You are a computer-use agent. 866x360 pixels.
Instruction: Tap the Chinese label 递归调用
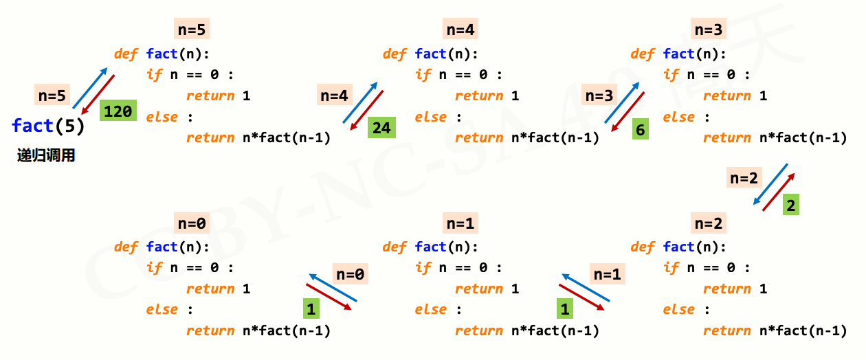coord(46,156)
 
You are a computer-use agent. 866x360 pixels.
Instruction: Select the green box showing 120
coord(118,111)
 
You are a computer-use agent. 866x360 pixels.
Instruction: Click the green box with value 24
coord(381,128)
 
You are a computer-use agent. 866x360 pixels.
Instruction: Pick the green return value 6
coord(640,128)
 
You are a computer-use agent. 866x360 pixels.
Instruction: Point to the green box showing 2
coord(791,205)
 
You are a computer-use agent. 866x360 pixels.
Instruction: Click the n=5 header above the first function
coord(192,30)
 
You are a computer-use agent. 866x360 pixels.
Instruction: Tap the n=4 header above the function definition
coord(460,30)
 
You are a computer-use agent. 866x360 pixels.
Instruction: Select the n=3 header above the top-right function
coord(709,30)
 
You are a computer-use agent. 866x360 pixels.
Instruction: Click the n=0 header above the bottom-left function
coord(192,223)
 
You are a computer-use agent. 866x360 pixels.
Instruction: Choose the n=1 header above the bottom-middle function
coord(460,223)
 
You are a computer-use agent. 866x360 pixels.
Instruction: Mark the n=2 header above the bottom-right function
coord(709,223)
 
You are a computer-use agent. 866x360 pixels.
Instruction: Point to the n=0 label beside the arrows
coord(350,274)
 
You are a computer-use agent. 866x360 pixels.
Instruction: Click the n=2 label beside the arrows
coord(744,177)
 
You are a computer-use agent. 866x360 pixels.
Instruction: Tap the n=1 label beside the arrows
coord(607,274)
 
